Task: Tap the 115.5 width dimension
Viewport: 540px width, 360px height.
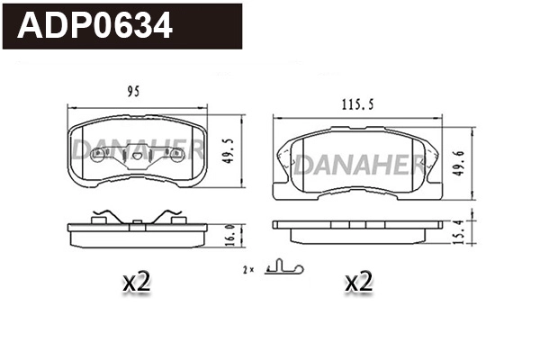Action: [x=357, y=105]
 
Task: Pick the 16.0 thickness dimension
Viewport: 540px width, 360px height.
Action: [x=229, y=233]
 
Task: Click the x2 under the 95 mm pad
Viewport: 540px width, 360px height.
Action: [x=135, y=283]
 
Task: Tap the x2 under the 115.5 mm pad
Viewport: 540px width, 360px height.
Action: [x=358, y=283]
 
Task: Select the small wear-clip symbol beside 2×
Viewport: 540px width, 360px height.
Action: [x=285, y=268]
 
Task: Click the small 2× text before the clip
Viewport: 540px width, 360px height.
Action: [x=248, y=269]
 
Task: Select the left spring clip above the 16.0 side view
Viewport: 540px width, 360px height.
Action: [x=105, y=217]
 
